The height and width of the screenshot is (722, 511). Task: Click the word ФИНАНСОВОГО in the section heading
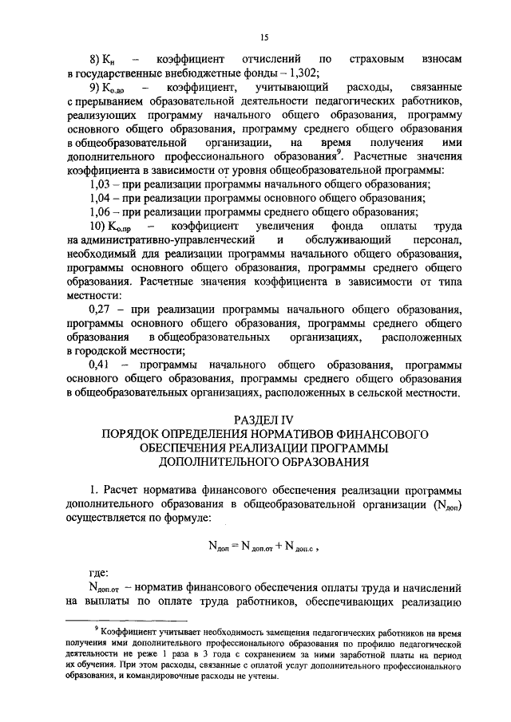tap(377, 433)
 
